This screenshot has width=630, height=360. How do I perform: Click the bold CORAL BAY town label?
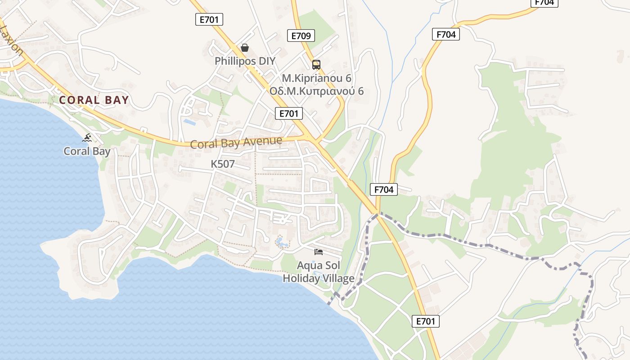tap(94, 100)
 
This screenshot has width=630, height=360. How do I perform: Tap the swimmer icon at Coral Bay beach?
tap(87, 138)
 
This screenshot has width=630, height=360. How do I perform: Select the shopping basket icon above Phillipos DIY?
tap(245, 48)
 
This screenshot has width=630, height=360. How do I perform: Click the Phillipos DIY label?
tap(245, 61)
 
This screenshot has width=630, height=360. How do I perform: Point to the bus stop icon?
tap(316, 64)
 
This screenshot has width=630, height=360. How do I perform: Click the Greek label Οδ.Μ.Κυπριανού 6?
tap(316, 91)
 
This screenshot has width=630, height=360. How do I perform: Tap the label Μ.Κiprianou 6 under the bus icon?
tap(316, 78)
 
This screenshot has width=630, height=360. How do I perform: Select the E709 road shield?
tap(301, 36)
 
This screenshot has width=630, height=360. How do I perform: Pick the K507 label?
tap(223, 164)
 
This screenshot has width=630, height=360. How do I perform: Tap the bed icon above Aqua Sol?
tap(319, 252)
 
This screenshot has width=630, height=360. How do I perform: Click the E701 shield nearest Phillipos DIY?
tap(209, 19)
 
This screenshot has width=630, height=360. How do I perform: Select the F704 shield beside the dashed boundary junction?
tap(384, 190)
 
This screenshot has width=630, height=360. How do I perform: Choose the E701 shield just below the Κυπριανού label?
tap(289, 113)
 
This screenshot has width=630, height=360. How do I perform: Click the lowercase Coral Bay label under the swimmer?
tap(87, 151)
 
